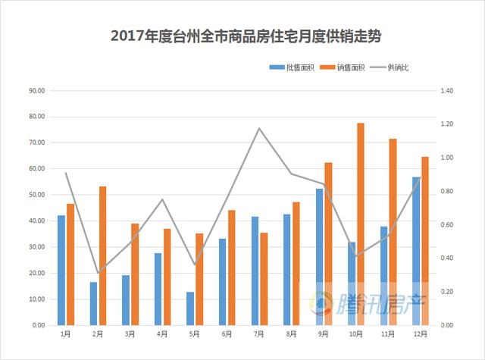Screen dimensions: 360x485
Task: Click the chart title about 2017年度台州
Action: (242, 36)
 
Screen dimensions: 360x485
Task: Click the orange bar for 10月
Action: (361, 224)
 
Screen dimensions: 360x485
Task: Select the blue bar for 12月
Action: (416, 251)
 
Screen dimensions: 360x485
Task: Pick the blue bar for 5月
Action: (190, 308)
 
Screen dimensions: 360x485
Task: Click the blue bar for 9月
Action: (319, 257)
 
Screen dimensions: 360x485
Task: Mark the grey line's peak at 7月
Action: (259, 128)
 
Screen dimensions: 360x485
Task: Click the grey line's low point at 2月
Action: (98, 273)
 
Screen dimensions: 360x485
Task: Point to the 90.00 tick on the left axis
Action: (36, 91)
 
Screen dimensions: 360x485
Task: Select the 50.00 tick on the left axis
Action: (36, 195)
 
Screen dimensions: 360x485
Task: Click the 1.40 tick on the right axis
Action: (446, 91)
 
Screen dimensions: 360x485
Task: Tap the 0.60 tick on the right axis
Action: (446, 224)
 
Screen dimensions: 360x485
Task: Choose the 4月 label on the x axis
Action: (162, 333)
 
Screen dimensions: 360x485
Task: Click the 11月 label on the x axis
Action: (388, 333)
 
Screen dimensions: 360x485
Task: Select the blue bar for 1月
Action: (61, 270)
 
